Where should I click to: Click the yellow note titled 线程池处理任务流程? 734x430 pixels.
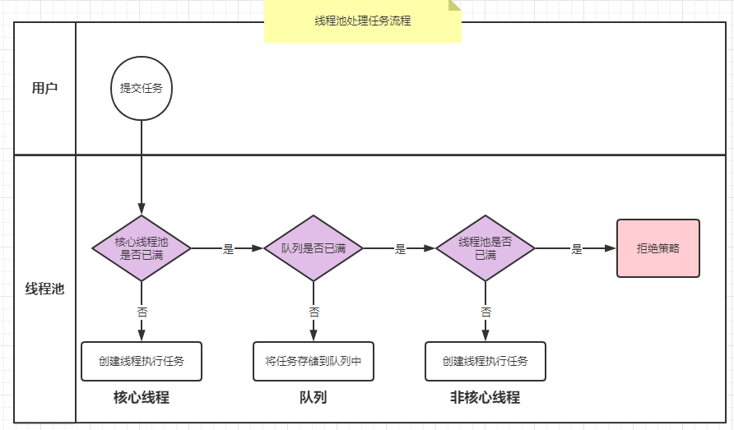[x=362, y=21]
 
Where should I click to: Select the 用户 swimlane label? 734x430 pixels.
[x=44, y=88]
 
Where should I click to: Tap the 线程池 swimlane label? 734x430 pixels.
[x=44, y=289]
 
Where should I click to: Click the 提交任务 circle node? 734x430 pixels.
[x=142, y=88]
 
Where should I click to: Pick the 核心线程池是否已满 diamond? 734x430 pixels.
[x=142, y=248]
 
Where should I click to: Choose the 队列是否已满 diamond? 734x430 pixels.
[x=314, y=248]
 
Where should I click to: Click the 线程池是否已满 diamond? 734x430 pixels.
[x=485, y=248]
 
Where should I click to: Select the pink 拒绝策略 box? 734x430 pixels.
[x=658, y=248]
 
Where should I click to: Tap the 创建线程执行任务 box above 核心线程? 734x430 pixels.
[x=142, y=361]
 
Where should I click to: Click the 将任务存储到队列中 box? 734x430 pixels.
[x=314, y=361]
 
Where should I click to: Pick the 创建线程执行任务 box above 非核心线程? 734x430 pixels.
[x=485, y=361]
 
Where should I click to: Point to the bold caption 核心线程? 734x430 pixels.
[x=142, y=398]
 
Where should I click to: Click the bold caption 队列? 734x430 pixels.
[x=314, y=398]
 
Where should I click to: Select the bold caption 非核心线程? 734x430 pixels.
[x=485, y=398]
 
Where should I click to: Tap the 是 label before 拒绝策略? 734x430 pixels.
[x=577, y=249]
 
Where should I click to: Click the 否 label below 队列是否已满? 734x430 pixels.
[x=314, y=312]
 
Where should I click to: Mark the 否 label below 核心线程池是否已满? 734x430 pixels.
[x=142, y=312]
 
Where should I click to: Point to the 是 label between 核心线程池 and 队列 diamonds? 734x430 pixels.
[x=229, y=249]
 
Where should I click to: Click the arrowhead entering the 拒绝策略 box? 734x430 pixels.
[x=611, y=248]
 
